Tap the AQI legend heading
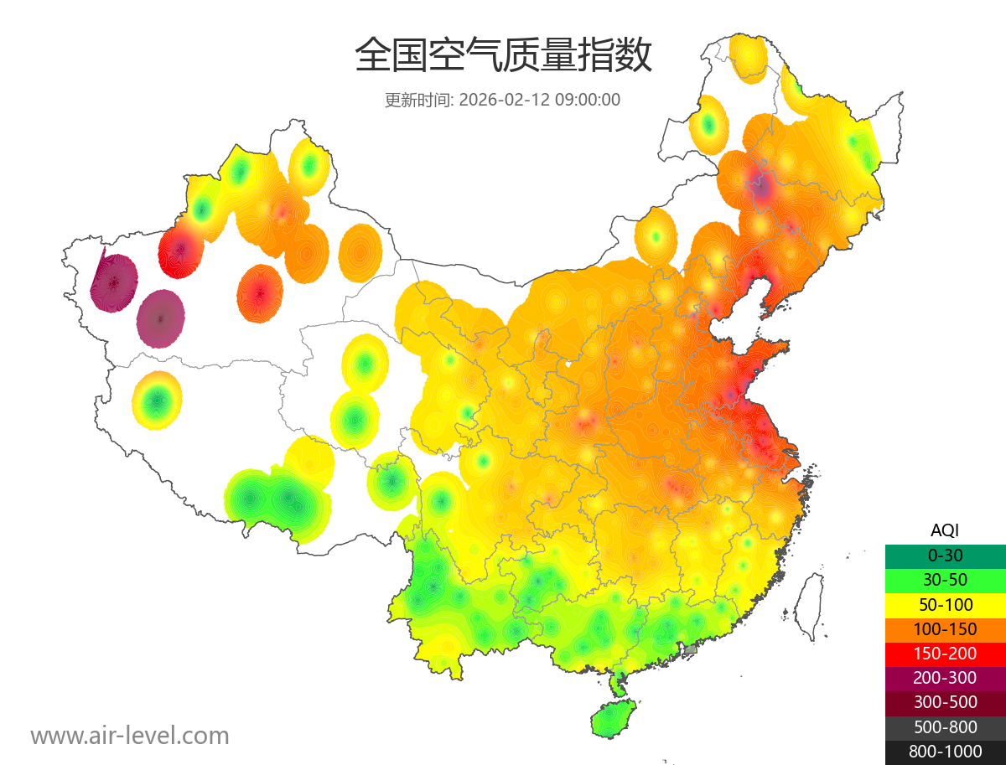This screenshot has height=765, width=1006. click(x=945, y=530)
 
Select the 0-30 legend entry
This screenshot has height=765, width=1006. click(x=945, y=556)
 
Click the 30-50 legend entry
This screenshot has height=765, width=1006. click(x=945, y=580)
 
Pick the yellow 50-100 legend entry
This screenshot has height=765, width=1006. click(x=945, y=604)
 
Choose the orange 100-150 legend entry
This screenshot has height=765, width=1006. click(x=945, y=629)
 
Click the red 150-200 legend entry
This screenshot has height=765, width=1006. click(x=945, y=654)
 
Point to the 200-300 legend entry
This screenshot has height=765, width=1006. click(x=945, y=678)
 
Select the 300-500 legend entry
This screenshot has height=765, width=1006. click(x=945, y=702)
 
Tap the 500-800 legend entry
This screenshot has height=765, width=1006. click(x=945, y=727)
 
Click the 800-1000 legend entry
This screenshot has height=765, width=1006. click(x=945, y=752)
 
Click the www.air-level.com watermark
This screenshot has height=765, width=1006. click(x=130, y=737)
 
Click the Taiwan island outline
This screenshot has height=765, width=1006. click(x=808, y=607)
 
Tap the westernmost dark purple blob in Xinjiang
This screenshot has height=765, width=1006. click(x=114, y=282)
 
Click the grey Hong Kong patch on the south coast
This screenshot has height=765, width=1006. click(x=691, y=649)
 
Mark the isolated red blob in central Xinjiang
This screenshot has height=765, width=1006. click(x=260, y=293)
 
